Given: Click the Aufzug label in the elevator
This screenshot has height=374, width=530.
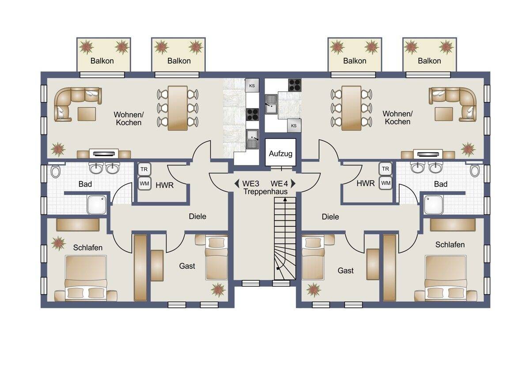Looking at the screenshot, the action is coord(280,154).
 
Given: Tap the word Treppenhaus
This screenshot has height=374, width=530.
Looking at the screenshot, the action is coord(265,191).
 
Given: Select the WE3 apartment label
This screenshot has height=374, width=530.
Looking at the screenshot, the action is coord(250,183).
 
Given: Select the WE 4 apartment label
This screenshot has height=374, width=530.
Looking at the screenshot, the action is coord(279,183).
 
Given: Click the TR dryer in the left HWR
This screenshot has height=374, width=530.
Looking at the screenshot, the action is coord(144,169).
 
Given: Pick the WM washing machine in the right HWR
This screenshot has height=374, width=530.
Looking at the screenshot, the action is coord(386,183).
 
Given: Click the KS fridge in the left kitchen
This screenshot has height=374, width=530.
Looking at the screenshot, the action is coord(252,86).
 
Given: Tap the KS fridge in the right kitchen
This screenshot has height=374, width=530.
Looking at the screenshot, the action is coord(294,125).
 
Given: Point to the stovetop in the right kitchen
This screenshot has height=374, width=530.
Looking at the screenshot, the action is coord(295,85).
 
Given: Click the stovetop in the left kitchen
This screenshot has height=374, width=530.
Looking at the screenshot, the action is coord(252,115).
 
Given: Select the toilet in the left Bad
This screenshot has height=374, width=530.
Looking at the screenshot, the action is coord(55,171).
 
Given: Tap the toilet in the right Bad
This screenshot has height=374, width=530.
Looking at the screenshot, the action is coord(475,170).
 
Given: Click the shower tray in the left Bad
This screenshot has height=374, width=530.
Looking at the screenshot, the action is coord(97,205).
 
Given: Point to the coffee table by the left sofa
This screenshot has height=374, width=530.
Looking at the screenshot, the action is coord(87,114).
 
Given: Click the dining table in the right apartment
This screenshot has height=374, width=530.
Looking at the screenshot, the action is coord(352,108).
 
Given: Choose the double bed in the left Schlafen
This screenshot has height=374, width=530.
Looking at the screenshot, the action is coord(86,278).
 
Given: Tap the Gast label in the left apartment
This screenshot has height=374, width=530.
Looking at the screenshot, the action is coord(187,266).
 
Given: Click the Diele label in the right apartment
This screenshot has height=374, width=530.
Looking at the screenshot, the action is coord(330,217).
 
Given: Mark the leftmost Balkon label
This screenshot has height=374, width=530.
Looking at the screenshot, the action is coord(102,61).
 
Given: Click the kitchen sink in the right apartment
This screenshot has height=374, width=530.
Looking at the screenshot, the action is coord(271,105).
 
